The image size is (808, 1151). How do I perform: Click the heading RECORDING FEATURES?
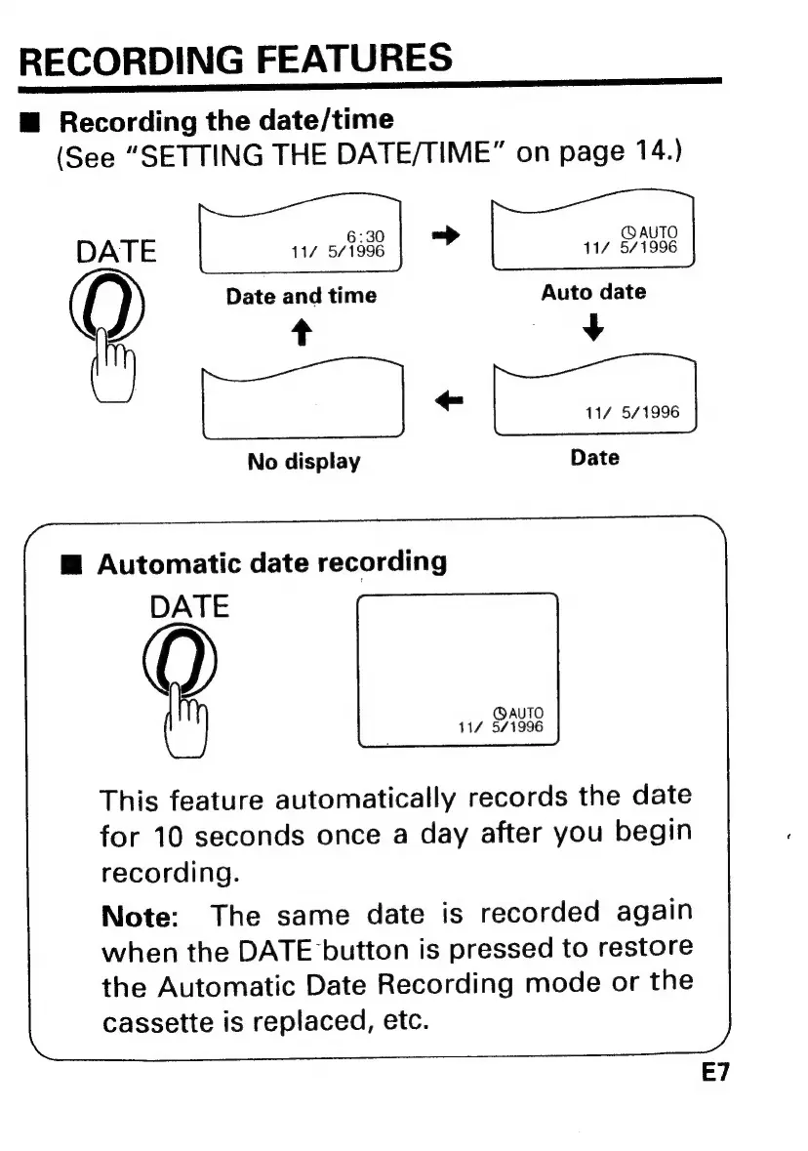(x=235, y=60)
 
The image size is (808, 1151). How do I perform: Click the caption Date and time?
(x=301, y=295)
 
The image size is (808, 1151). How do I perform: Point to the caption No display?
(x=303, y=461)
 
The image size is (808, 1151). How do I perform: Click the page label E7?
(x=715, y=1073)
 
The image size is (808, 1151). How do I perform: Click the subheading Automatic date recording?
(x=272, y=563)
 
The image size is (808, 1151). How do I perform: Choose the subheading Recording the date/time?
(x=226, y=121)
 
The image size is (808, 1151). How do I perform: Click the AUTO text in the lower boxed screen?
(x=520, y=714)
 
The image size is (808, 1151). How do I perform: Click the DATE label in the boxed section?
(x=189, y=607)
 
